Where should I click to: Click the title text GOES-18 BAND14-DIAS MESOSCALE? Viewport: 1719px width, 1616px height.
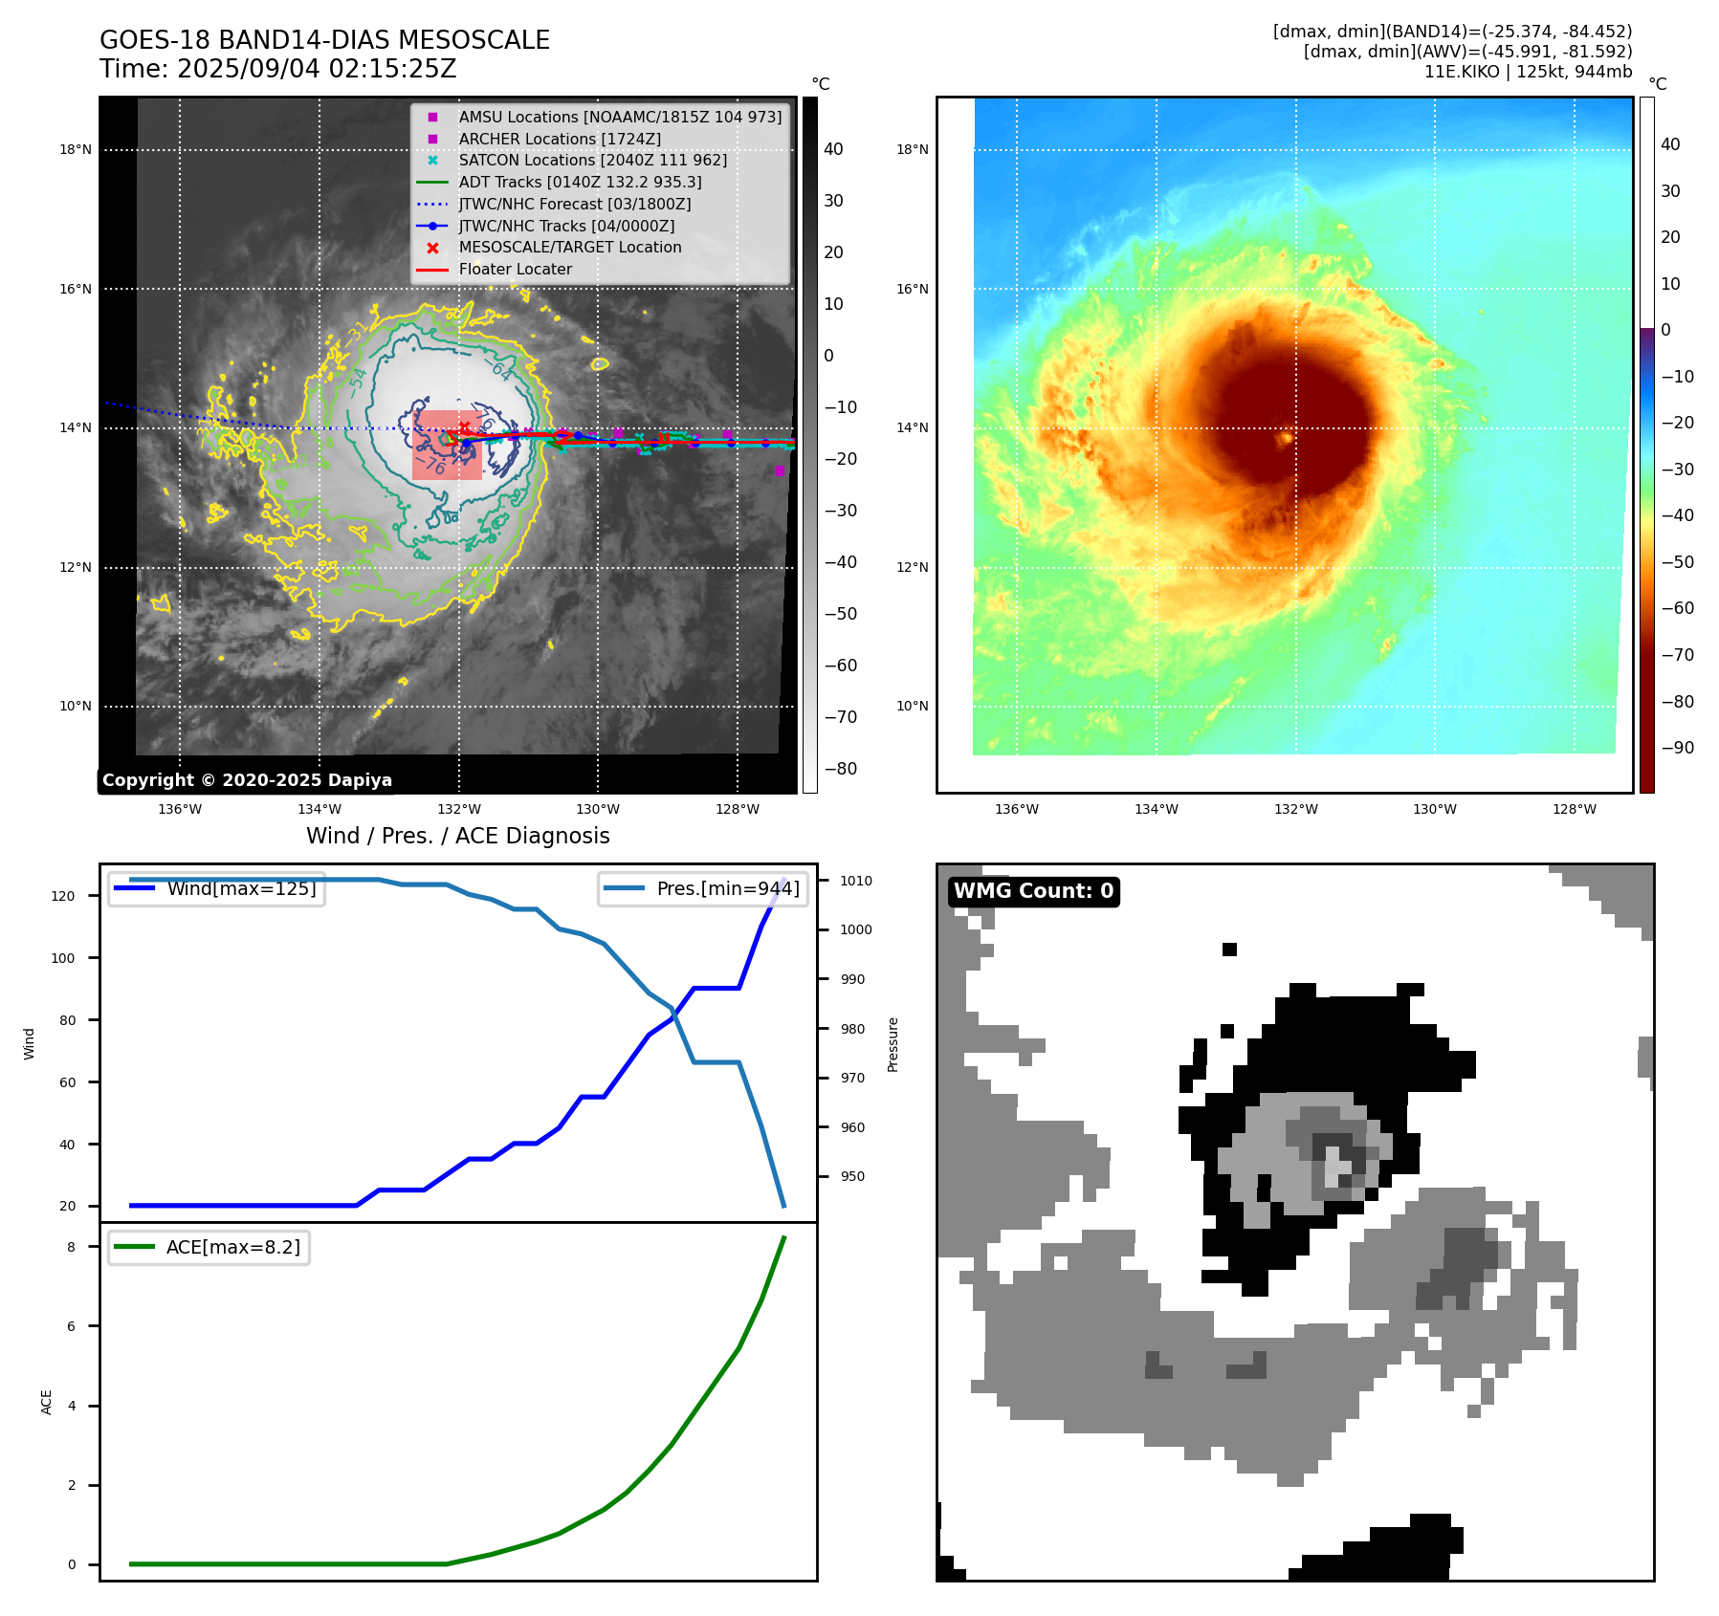coord(324,40)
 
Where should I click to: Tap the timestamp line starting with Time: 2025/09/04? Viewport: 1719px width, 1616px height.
coord(277,69)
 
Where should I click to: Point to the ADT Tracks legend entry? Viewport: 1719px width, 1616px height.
coord(580,182)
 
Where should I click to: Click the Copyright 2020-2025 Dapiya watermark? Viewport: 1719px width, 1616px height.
coord(247,780)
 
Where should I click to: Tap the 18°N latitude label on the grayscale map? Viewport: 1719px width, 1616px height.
coord(76,149)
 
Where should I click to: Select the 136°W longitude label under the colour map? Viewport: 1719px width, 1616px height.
coord(1016,809)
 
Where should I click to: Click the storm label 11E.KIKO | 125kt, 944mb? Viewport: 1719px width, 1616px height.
coord(1528,72)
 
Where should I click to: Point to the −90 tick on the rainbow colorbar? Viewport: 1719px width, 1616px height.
coord(1677,748)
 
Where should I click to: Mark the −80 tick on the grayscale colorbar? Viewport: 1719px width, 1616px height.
coord(841,769)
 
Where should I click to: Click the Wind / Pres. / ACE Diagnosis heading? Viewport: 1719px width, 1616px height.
coord(457,836)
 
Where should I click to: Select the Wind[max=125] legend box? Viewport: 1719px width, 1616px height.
coord(217,888)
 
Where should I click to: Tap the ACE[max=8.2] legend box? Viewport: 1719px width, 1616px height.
coord(209,1247)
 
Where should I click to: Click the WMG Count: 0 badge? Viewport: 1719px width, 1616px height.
coord(1033,891)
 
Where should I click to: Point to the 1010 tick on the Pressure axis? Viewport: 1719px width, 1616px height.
coord(856,881)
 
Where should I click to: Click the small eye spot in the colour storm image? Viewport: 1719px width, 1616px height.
coord(1287,438)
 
